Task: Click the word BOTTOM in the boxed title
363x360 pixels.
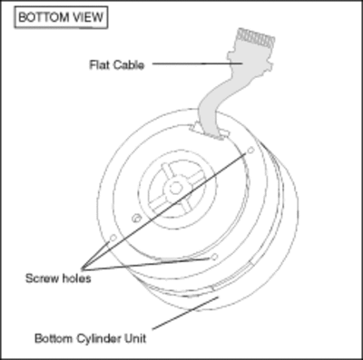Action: point(44,17)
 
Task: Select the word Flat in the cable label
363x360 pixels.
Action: point(98,64)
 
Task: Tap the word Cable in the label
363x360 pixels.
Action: point(127,64)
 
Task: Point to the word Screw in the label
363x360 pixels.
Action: point(42,278)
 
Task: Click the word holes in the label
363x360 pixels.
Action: point(76,278)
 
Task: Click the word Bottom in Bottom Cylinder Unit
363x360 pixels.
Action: point(54,338)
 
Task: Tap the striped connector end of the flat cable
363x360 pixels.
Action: point(256,39)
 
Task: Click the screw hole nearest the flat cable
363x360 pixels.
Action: point(250,150)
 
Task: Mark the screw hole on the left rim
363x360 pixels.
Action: point(113,238)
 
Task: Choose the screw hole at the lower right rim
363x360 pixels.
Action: point(214,257)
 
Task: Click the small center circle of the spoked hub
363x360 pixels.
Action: point(174,189)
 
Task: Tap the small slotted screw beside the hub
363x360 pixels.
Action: point(136,218)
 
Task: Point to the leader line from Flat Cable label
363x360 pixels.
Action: point(197,63)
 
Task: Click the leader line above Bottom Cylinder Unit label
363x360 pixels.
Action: point(185,313)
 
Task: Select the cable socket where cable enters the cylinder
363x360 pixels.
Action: point(209,132)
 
